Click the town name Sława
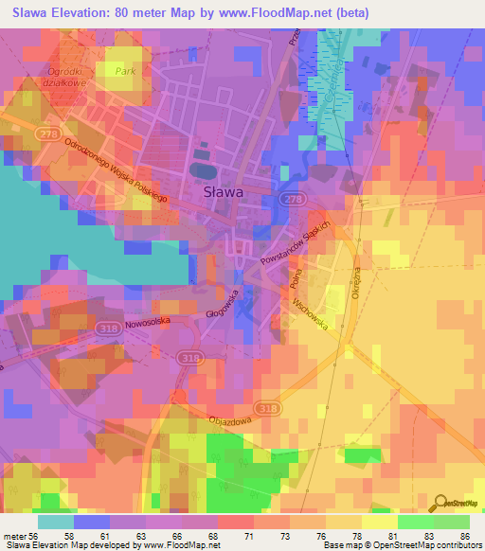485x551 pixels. (224, 191)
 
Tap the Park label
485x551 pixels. (120, 71)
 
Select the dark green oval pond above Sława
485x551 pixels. (202, 169)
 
